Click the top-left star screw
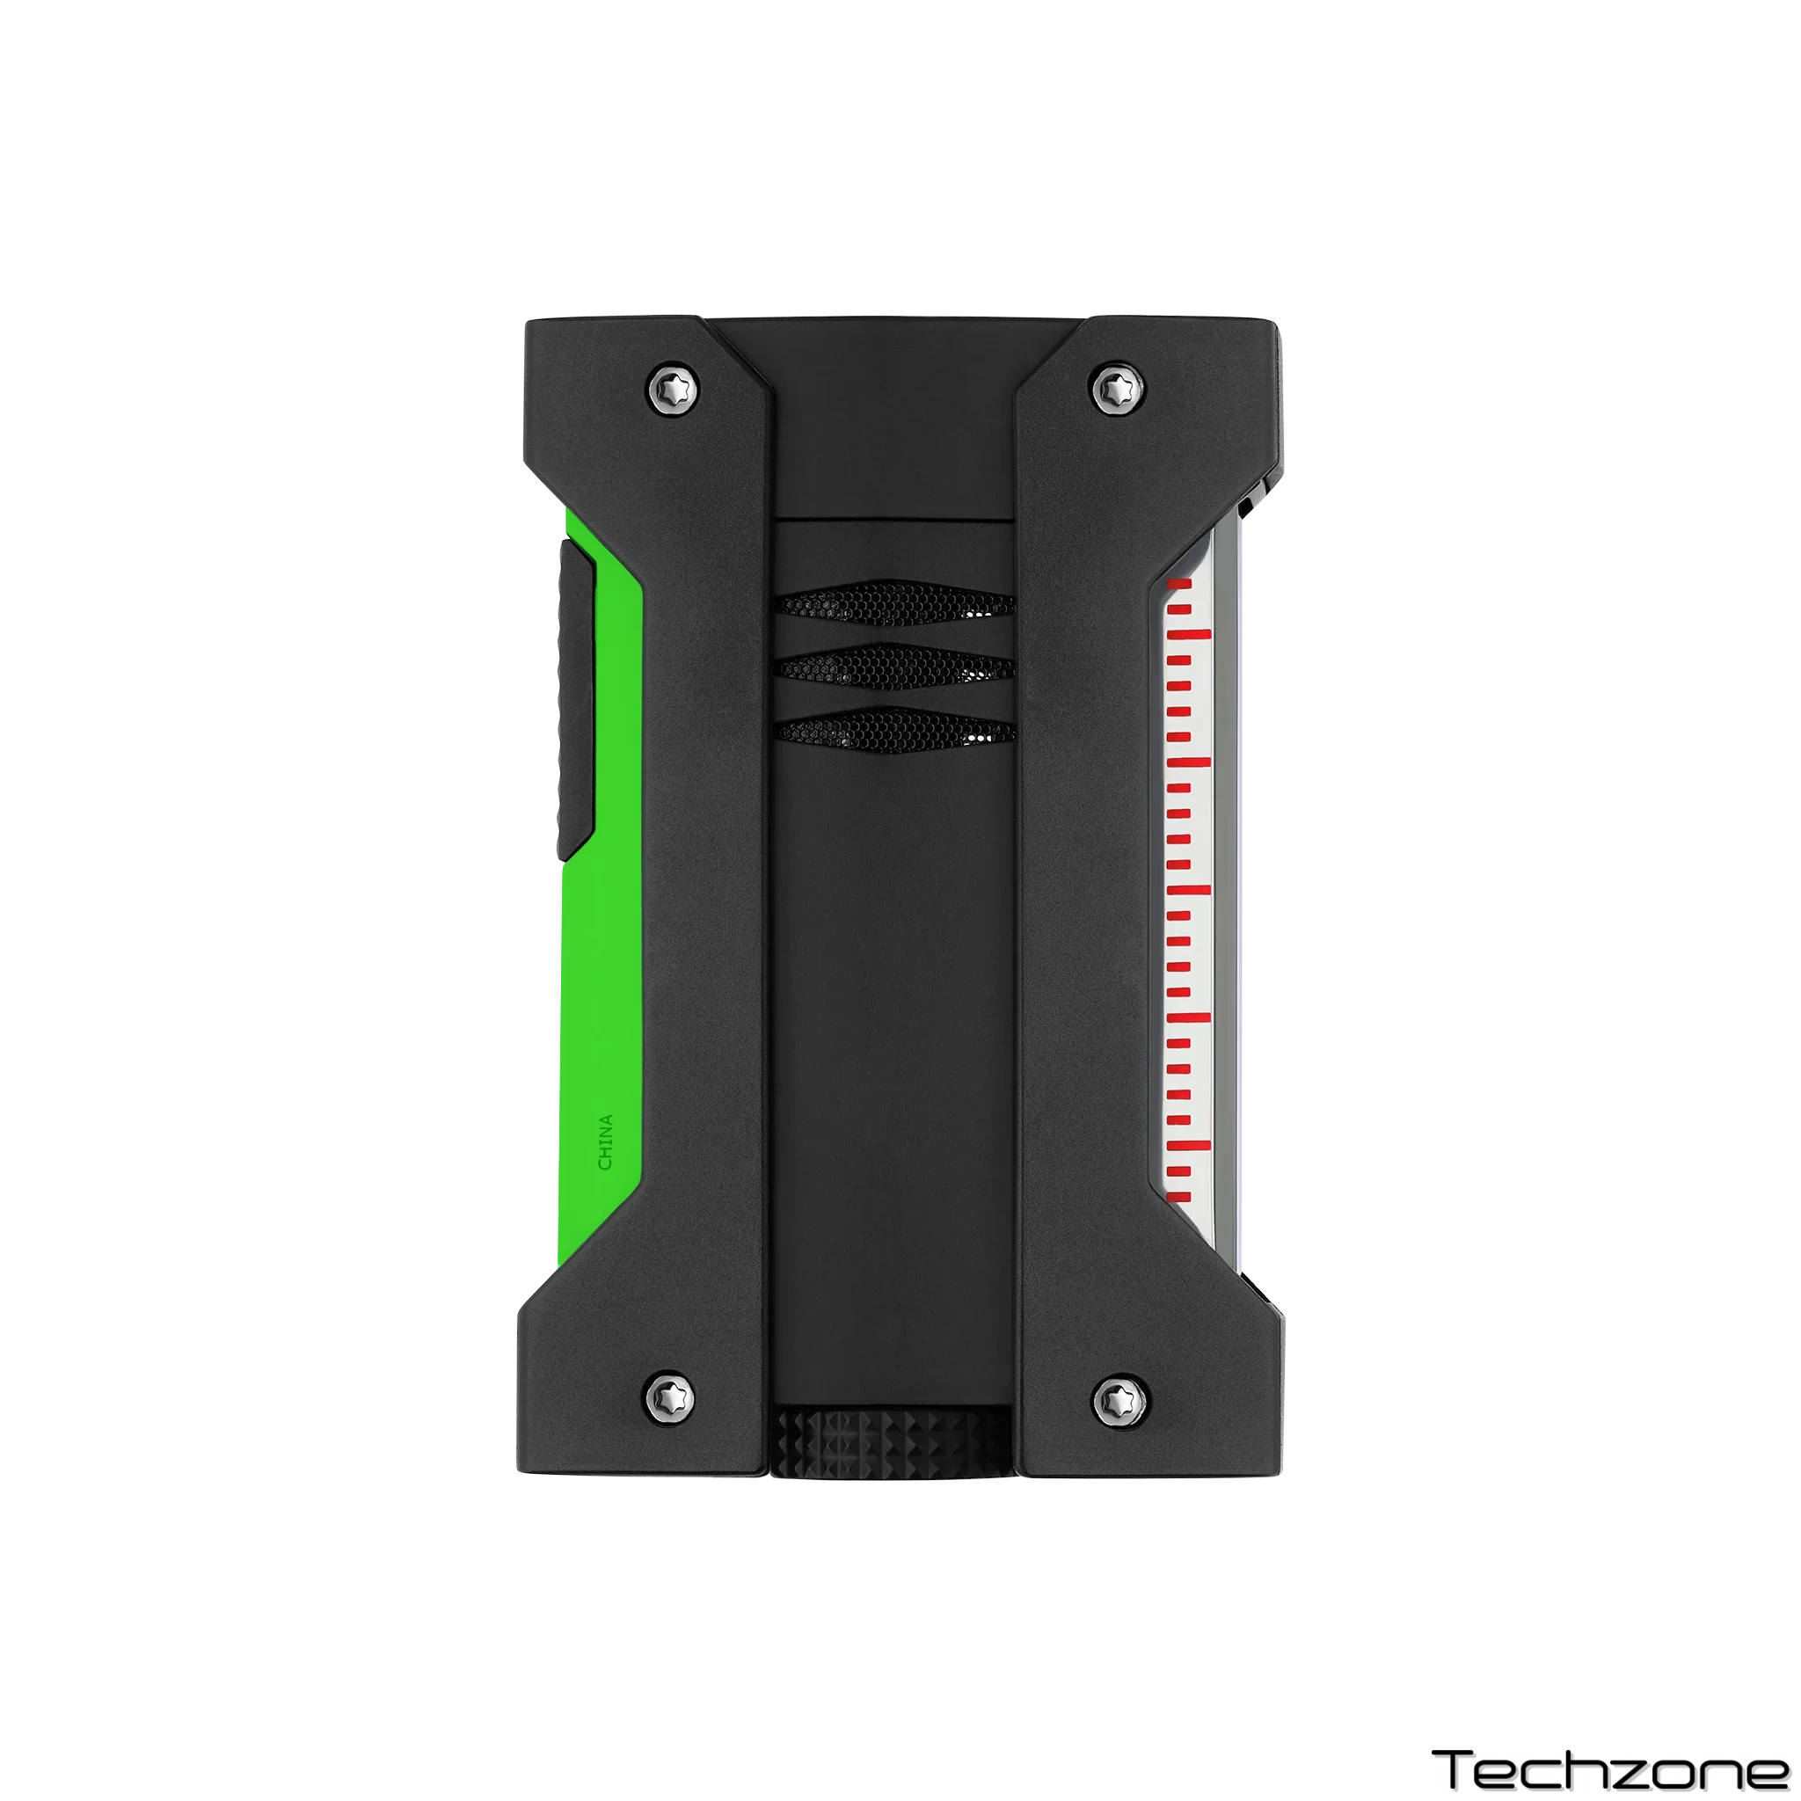[x=674, y=388]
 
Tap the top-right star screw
[x=1117, y=389]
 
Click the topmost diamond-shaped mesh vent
[x=894, y=604]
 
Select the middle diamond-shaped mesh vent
[x=894, y=667]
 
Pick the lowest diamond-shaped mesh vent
[x=894, y=730]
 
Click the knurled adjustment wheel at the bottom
[x=891, y=1442]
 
